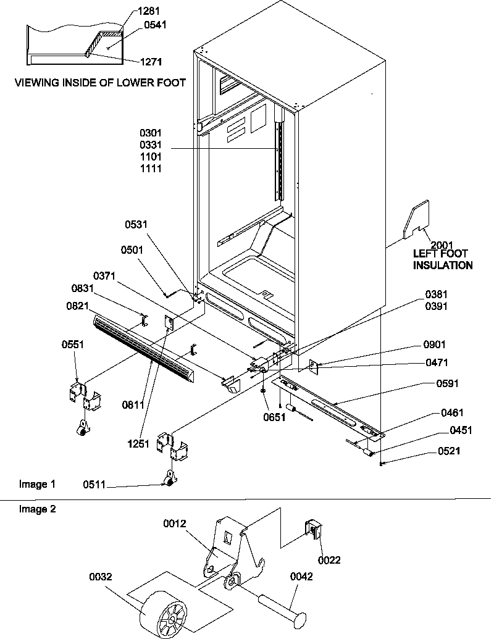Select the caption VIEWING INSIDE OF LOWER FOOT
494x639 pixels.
click(100, 82)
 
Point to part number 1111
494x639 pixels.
click(151, 169)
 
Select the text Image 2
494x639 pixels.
click(33, 509)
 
